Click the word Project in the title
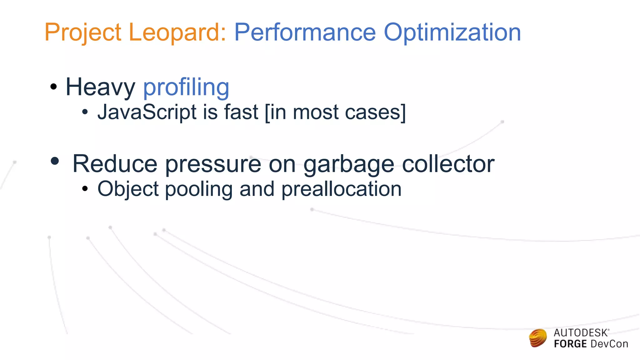(83, 32)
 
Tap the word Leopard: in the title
(177, 32)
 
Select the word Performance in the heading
(305, 32)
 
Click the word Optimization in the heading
(452, 32)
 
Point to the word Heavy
(100, 87)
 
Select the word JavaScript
(147, 112)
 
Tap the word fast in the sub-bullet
(241, 112)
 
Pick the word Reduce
(115, 164)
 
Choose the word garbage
(349, 165)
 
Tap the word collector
(448, 164)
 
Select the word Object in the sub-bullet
(128, 189)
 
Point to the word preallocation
(341, 189)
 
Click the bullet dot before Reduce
(55, 161)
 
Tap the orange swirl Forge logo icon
(538, 338)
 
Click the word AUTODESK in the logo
(581, 333)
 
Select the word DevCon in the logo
(609, 344)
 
